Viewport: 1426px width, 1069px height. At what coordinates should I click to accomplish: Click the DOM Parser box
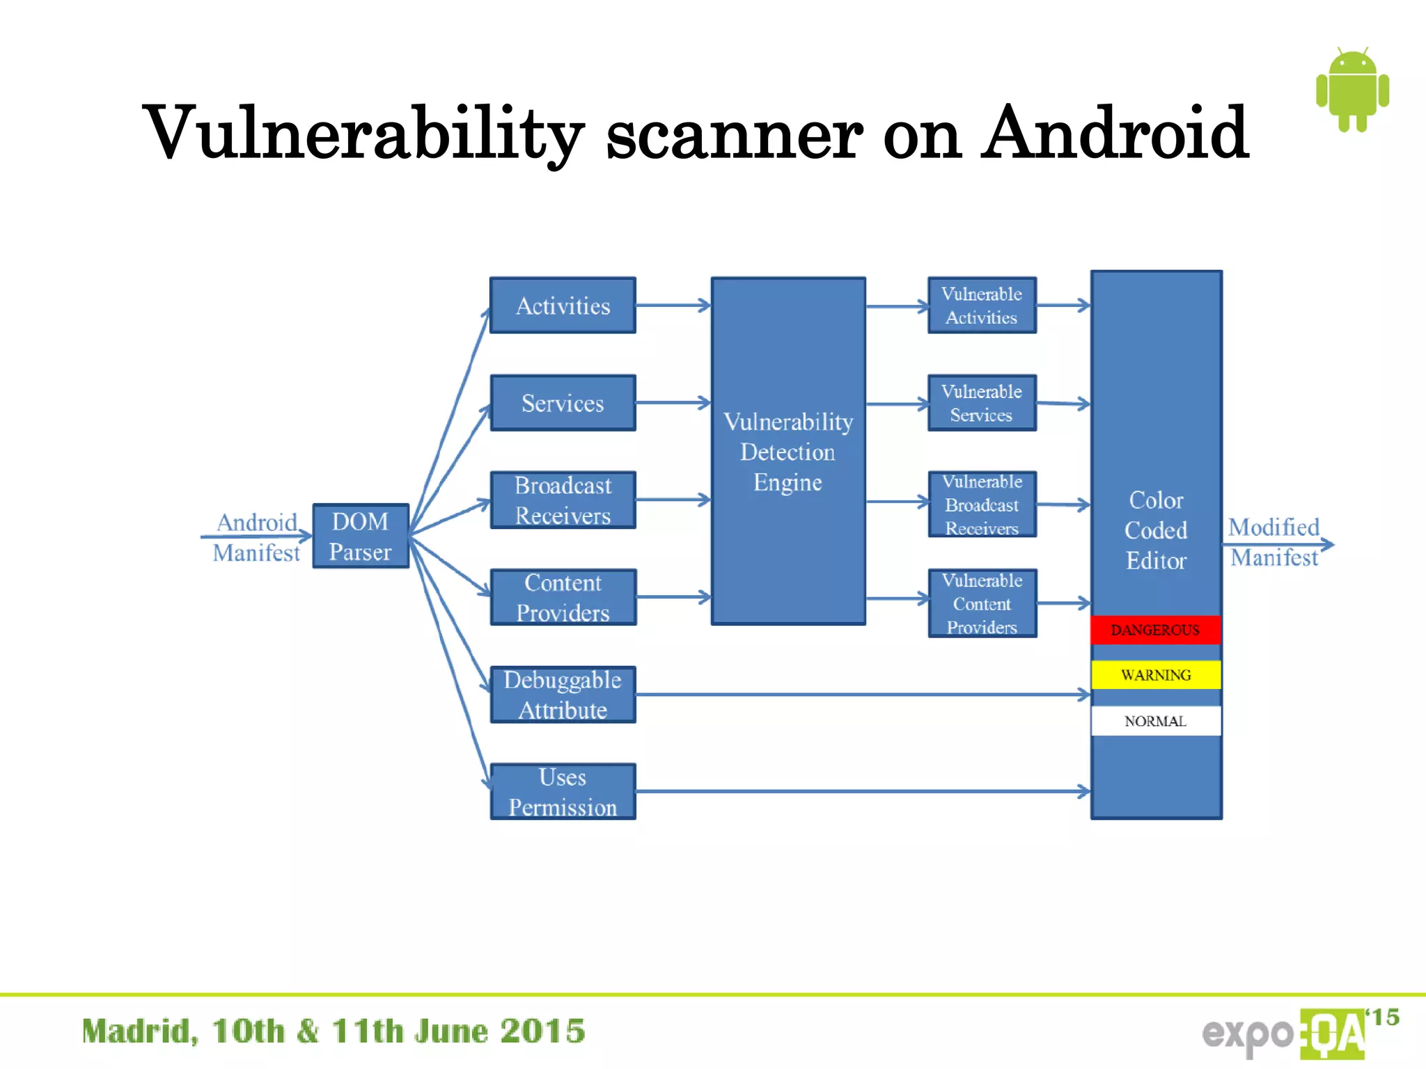[x=360, y=536]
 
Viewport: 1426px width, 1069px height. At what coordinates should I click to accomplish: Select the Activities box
[x=563, y=306]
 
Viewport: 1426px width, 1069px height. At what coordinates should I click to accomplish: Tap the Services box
[x=563, y=403]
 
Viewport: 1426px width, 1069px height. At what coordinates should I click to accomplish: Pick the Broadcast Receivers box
[x=563, y=500]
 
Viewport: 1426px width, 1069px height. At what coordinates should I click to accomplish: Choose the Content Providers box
[x=563, y=597]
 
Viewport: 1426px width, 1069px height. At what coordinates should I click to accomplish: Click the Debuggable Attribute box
[x=563, y=695]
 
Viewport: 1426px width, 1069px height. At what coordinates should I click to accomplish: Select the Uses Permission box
[x=563, y=791]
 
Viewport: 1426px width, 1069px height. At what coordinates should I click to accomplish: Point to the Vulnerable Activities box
[x=982, y=306]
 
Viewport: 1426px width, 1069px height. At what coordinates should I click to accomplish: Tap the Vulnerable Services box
[x=982, y=403]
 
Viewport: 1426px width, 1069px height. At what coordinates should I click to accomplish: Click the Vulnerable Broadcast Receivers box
[x=982, y=505]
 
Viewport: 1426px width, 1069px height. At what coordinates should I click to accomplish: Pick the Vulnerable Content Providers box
[x=982, y=603]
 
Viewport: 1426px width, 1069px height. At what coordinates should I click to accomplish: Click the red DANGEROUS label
[x=1156, y=630]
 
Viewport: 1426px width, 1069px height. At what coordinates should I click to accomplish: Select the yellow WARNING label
[x=1156, y=674]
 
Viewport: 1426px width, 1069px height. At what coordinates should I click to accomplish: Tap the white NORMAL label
[x=1156, y=721]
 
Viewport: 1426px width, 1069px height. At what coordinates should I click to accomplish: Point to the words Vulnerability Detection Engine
[x=788, y=452]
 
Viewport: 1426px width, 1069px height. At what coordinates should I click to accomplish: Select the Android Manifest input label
[x=257, y=537]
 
